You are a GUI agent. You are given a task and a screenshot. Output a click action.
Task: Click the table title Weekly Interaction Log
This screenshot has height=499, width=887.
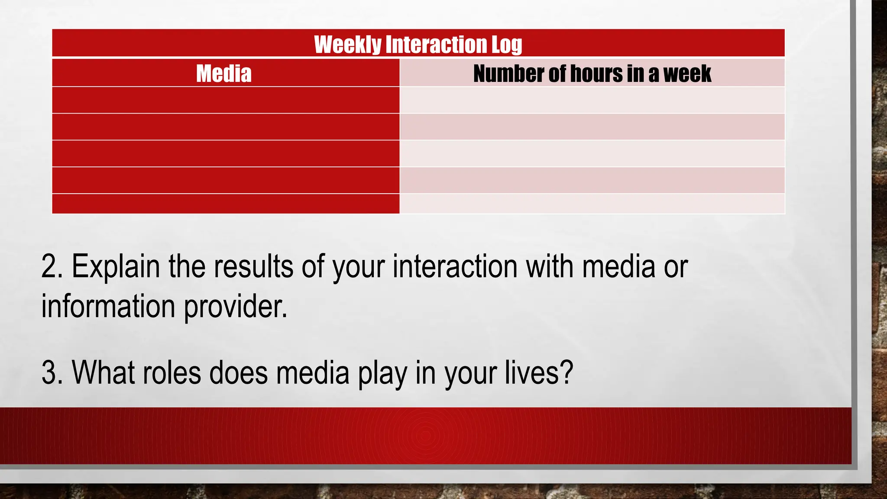418,44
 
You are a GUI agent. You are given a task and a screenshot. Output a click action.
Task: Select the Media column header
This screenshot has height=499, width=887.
224,73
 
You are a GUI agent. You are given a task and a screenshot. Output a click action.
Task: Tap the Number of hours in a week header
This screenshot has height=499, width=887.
592,73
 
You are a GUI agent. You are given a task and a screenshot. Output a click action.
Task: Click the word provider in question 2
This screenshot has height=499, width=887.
235,306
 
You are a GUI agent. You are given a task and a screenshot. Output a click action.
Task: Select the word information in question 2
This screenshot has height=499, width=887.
108,306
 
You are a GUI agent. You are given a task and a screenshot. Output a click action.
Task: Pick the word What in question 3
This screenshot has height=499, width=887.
103,373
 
